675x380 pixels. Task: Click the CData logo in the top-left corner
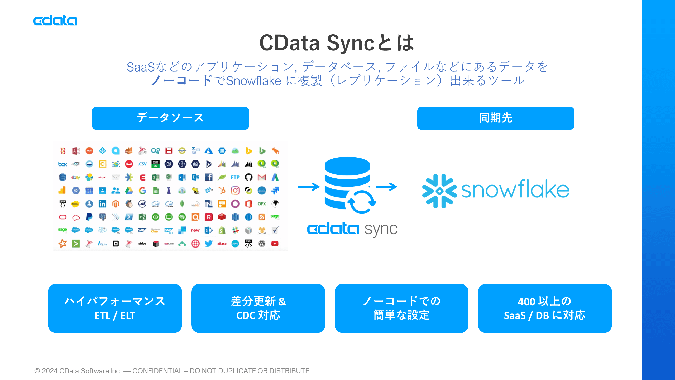(x=55, y=20)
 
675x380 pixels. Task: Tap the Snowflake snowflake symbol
(x=439, y=191)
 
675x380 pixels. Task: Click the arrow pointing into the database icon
(x=309, y=187)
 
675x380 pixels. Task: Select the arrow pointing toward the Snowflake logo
(x=386, y=187)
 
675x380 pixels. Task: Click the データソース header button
(x=170, y=118)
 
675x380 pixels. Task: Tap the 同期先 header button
(x=495, y=118)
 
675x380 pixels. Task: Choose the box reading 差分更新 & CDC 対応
(x=258, y=308)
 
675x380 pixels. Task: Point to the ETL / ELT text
(x=115, y=316)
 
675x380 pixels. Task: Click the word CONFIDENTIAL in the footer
(x=157, y=371)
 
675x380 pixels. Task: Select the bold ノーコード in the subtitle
(x=181, y=80)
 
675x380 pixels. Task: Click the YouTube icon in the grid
(x=275, y=244)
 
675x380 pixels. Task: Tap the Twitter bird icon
(x=208, y=244)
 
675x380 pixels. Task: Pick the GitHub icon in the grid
(x=248, y=177)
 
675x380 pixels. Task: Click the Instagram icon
(x=235, y=190)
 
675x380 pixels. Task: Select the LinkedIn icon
(x=102, y=204)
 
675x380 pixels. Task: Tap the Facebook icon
(x=208, y=177)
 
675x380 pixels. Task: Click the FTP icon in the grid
(x=235, y=177)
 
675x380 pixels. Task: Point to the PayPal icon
(x=89, y=217)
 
